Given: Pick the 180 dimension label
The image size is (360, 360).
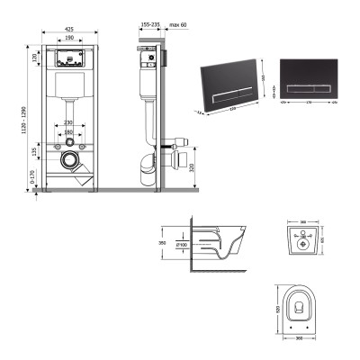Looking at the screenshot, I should (68, 134).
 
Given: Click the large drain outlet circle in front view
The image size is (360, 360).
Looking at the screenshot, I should (69, 163).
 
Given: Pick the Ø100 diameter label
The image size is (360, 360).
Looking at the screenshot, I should (181, 243).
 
